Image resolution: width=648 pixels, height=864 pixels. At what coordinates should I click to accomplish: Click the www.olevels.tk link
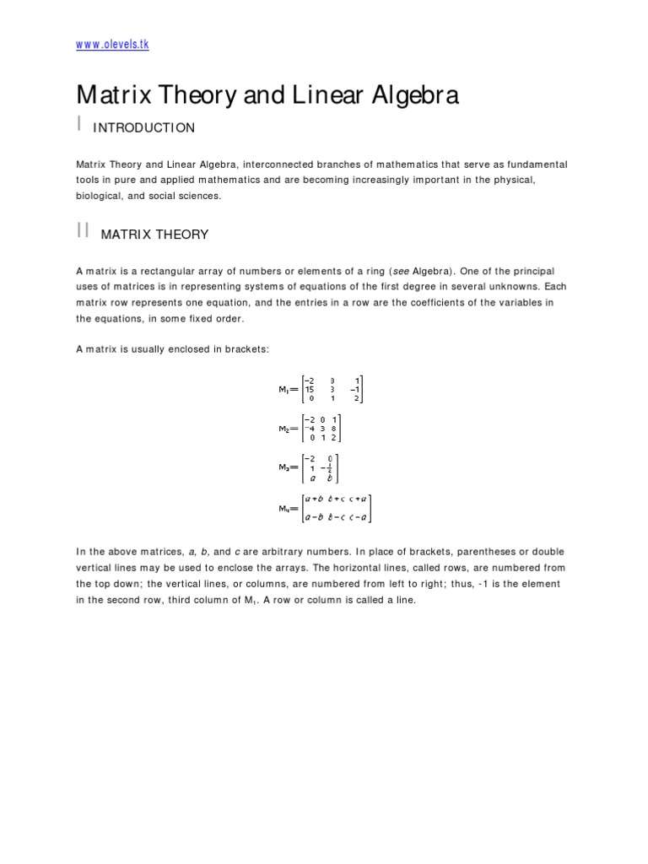click(112, 45)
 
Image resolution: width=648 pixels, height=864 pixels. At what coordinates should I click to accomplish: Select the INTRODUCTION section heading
click(143, 128)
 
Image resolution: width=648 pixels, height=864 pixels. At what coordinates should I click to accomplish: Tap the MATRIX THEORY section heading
click(154, 235)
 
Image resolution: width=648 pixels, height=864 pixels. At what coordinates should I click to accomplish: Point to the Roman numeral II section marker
click(83, 231)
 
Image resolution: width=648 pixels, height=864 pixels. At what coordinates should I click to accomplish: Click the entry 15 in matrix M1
click(310, 390)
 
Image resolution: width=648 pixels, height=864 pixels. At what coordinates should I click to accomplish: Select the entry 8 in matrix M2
click(334, 429)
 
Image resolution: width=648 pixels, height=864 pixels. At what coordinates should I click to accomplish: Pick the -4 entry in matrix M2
click(311, 429)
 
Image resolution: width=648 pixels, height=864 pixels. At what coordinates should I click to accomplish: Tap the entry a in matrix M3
click(311, 478)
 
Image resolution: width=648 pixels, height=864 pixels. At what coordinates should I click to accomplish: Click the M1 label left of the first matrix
click(285, 390)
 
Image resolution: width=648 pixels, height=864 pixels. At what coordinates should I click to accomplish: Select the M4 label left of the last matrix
click(285, 509)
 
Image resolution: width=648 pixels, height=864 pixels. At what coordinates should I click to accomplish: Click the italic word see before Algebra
click(401, 271)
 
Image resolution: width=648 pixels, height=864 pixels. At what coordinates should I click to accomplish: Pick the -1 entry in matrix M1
click(356, 390)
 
